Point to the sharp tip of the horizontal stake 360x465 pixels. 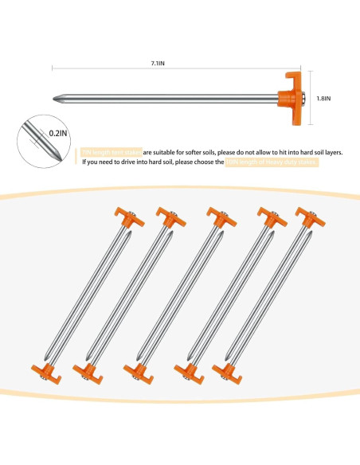pos(56,100)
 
